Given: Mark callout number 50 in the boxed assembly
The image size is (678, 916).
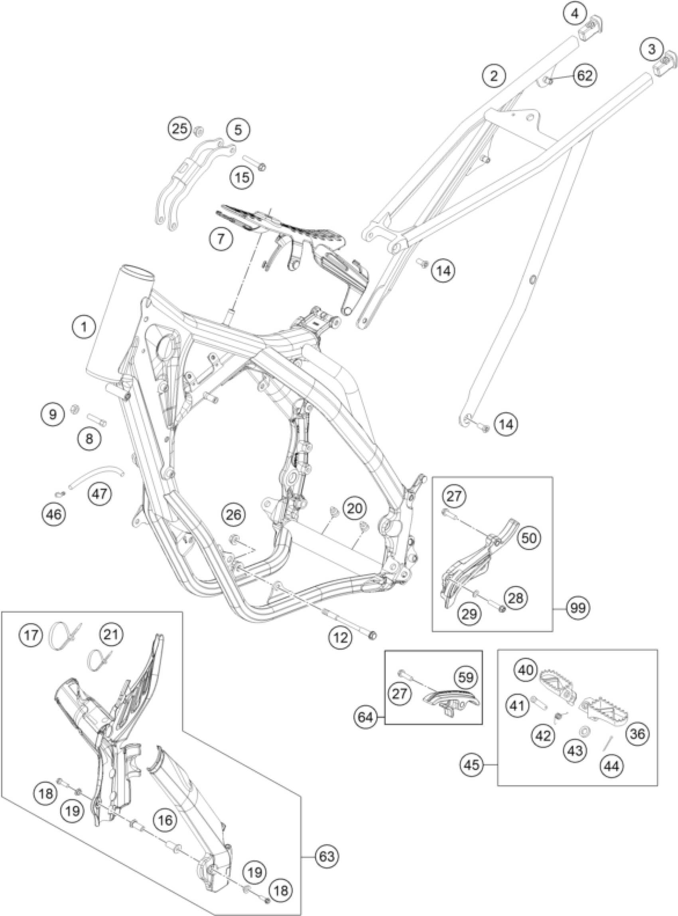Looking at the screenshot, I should (529, 538).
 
